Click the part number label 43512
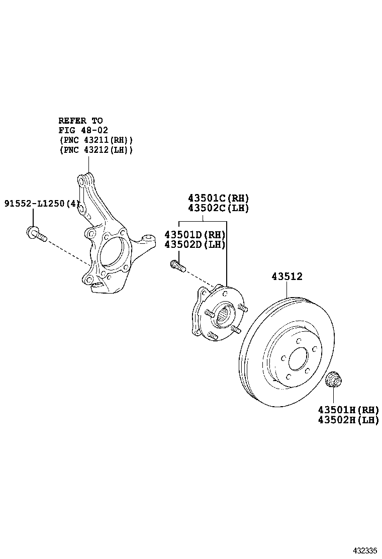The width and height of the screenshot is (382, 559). click(x=287, y=276)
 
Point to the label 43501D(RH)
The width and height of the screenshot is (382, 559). click(x=195, y=235)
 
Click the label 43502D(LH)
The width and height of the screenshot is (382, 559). click(x=195, y=245)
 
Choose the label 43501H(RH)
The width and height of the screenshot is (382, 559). click(x=348, y=410)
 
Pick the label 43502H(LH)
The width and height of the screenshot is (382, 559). click(x=348, y=420)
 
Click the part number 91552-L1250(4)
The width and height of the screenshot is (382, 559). click(x=42, y=204)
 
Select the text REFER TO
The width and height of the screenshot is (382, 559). click(x=80, y=121)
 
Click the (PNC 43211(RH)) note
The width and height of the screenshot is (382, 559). click(x=95, y=140)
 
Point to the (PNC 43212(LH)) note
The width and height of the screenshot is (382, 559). click(x=95, y=150)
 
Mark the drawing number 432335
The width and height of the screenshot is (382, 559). click(x=363, y=550)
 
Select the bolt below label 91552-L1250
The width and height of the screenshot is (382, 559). click(x=36, y=234)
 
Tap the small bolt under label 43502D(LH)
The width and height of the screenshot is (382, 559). click(x=177, y=265)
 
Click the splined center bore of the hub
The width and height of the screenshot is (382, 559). click(x=225, y=316)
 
